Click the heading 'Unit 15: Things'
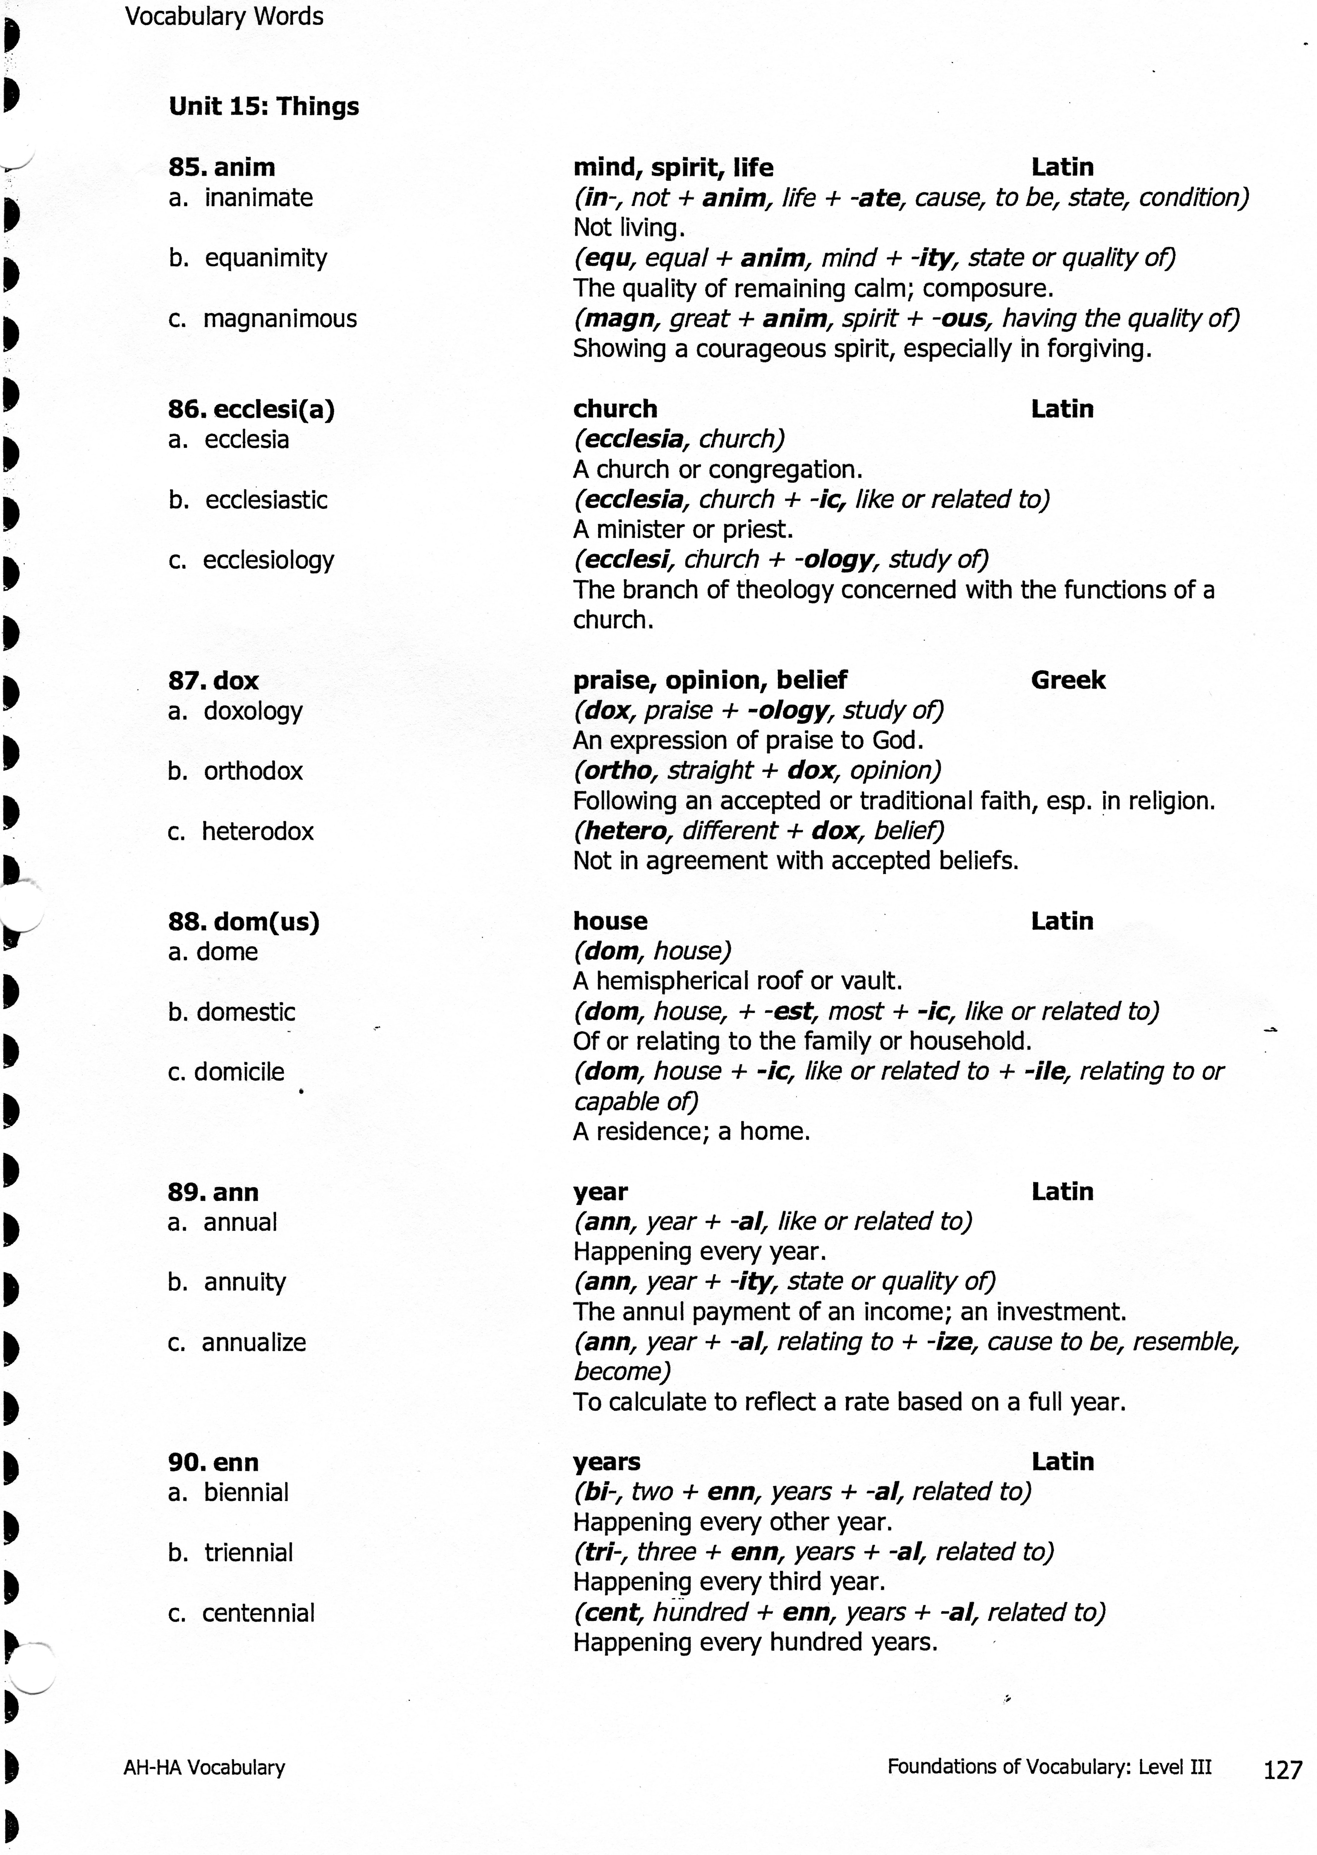pyautogui.click(x=263, y=106)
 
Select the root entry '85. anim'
pyautogui.click(x=221, y=167)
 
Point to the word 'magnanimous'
pyautogui.click(x=280, y=319)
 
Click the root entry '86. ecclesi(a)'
pyautogui.click(x=251, y=409)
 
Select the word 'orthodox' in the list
pyautogui.click(x=253, y=771)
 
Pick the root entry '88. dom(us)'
pyautogui.click(x=243, y=922)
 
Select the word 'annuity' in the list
pyautogui.click(x=245, y=1282)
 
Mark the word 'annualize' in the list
pyautogui.click(x=254, y=1343)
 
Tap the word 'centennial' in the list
pyautogui.click(x=258, y=1613)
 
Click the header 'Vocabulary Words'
pyautogui.click(x=224, y=16)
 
